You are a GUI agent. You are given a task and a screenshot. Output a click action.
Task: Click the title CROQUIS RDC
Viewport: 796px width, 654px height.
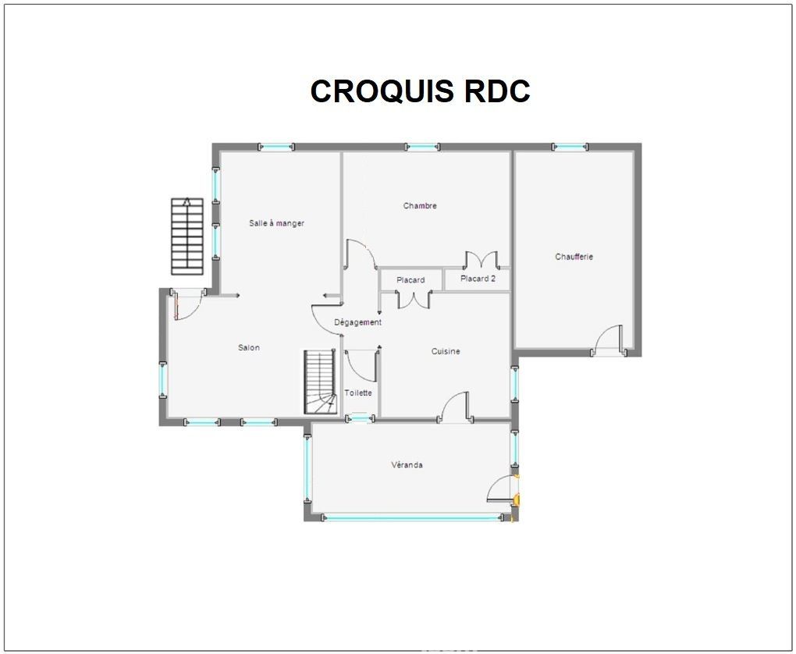pyautogui.click(x=420, y=91)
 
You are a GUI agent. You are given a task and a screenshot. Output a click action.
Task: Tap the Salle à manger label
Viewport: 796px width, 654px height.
pyautogui.click(x=277, y=223)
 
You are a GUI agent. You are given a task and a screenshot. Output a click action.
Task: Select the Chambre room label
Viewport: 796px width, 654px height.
pyautogui.click(x=420, y=206)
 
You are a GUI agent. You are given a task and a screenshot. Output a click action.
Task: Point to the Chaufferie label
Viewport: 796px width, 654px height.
pyautogui.click(x=574, y=257)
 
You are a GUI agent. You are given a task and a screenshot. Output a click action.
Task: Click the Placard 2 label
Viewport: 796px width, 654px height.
pyautogui.click(x=478, y=279)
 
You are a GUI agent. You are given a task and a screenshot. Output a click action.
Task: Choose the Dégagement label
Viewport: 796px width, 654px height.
pyautogui.click(x=358, y=322)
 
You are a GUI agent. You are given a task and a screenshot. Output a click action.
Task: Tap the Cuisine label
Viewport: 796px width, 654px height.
pyautogui.click(x=446, y=351)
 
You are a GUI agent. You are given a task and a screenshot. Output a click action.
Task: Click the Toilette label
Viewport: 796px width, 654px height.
pyautogui.click(x=358, y=393)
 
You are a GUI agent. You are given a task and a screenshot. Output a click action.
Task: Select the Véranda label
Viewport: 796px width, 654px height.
pyautogui.click(x=407, y=464)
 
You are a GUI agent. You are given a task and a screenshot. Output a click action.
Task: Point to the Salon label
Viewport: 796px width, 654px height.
pyautogui.click(x=249, y=347)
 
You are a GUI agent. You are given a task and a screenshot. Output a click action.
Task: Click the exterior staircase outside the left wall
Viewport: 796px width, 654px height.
pyautogui.click(x=187, y=236)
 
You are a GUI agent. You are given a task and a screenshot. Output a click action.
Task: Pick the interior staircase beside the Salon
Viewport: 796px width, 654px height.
pyautogui.click(x=321, y=382)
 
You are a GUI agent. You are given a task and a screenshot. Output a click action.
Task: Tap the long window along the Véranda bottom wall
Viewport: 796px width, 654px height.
pyautogui.click(x=412, y=517)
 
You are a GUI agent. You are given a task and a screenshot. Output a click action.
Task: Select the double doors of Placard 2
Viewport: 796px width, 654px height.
pyautogui.click(x=481, y=259)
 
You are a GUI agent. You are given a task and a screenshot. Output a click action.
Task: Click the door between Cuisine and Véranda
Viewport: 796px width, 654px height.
pyautogui.click(x=456, y=406)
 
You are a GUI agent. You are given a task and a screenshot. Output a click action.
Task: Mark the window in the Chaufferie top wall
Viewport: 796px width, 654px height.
pyautogui.click(x=570, y=148)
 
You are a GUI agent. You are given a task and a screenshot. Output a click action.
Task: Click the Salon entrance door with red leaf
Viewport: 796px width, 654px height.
pyautogui.click(x=188, y=304)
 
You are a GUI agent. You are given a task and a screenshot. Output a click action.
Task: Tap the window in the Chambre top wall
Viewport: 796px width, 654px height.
pyautogui.click(x=422, y=148)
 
